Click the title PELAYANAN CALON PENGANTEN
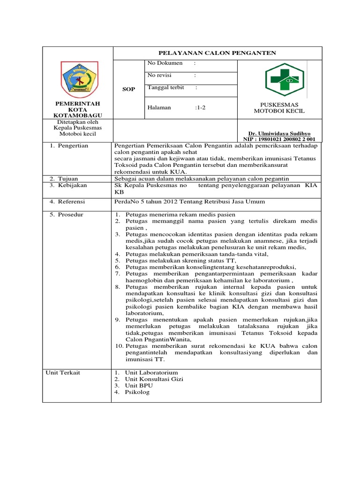[218, 53]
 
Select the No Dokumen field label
[162, 63]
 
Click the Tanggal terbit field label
[165, 88]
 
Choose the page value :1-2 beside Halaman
[200, 107]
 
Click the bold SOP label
[128, 89]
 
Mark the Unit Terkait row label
[63, 372]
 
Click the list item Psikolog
[137, 392]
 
